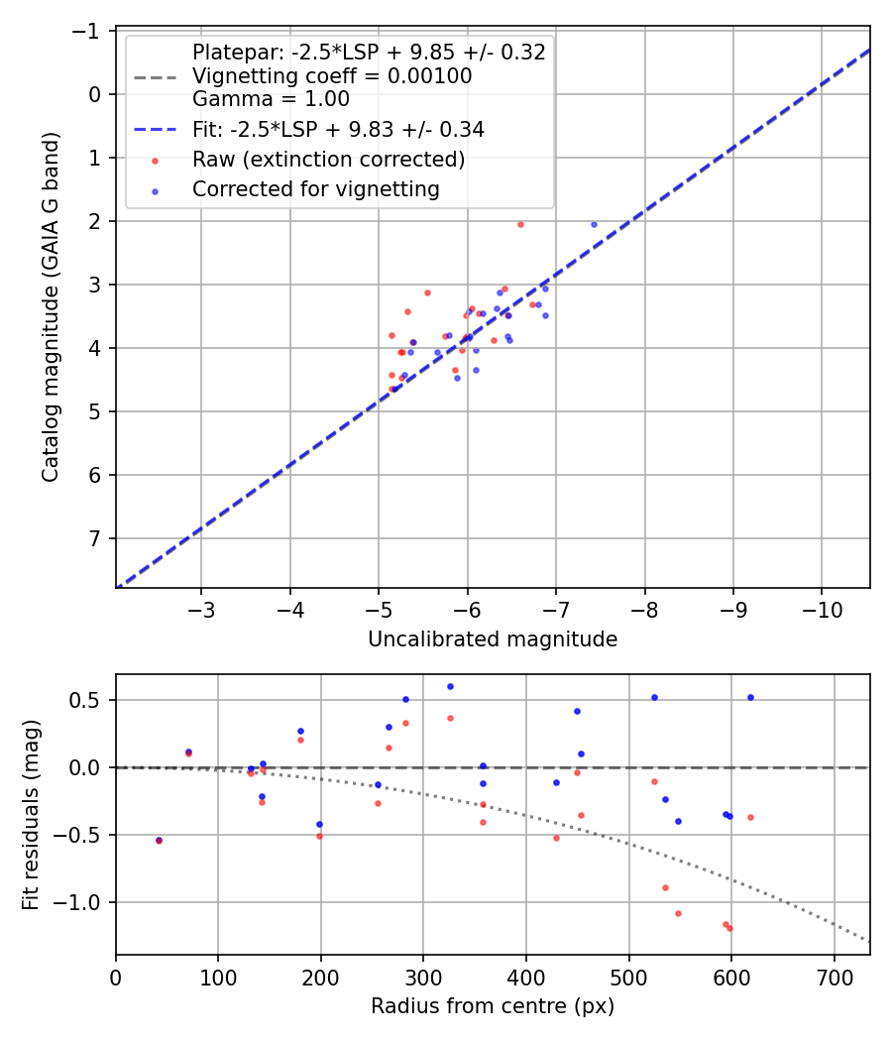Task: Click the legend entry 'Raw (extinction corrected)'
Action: [329, 160]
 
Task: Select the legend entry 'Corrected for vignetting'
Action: [316, 188]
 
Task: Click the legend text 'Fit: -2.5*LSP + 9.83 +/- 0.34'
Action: [338, 130]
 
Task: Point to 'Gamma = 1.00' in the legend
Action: [271, 99]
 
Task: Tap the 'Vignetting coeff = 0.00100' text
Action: [332, 76]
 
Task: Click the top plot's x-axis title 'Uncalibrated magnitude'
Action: [493, 639]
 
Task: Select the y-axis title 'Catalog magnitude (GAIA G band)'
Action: [51, 308]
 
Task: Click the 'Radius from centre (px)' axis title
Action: [493, 1006]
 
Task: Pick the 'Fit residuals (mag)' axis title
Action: [31, 814]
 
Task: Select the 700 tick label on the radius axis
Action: [834, 978]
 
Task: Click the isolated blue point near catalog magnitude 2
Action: [595, 224]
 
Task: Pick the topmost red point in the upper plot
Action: [520, 224]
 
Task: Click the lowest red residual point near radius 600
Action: [730, 928]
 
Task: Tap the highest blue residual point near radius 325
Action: [450, 686]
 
